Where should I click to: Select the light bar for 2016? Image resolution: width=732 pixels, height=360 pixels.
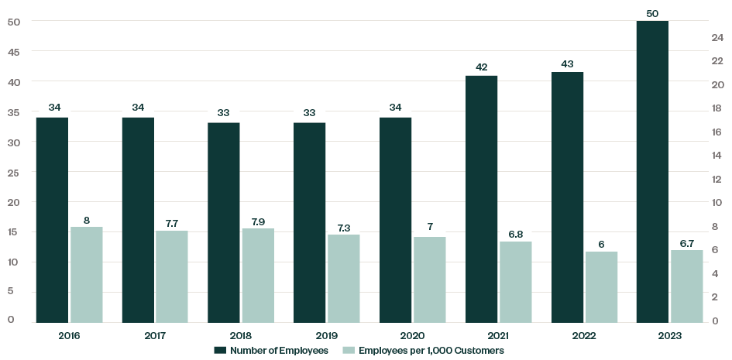point(87,275)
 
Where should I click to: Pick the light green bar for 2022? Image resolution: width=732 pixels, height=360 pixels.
point(601,286)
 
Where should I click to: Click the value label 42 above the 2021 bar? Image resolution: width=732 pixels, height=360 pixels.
point(481,67)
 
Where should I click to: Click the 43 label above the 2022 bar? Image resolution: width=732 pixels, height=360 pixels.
point(567,63)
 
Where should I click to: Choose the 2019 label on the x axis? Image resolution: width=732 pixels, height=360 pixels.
point(327,336)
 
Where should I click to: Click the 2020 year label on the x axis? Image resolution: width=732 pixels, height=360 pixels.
point(412,336)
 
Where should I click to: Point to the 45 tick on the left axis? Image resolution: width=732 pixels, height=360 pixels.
point(13,51)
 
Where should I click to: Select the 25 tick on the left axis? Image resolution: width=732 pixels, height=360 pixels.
point(13,172)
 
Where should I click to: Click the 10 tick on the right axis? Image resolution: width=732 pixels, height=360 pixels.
point(717,203)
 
